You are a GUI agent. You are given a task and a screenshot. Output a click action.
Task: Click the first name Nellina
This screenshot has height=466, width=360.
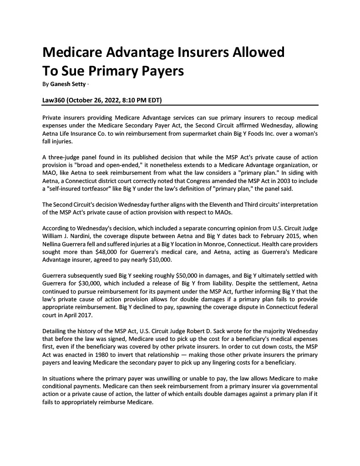pyautogui.click(x=54, y=244)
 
